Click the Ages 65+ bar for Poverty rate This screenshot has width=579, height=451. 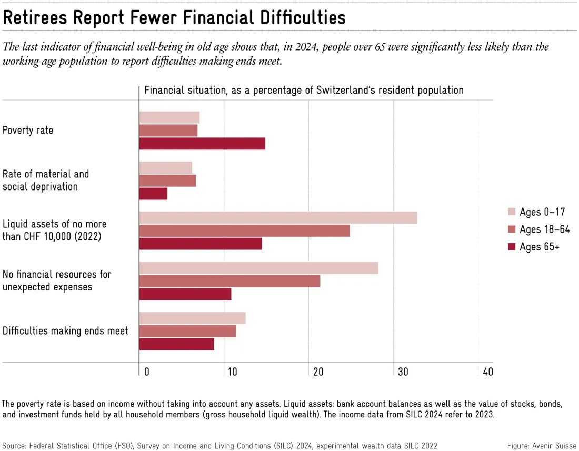tap(202, 144)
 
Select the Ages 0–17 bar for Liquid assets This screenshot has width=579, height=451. tap(278, 218)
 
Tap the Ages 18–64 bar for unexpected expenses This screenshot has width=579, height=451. tap(229, 281)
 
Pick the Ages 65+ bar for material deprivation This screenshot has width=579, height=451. tap(153, 194)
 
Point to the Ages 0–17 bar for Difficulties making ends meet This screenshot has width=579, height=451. tap(192, 318)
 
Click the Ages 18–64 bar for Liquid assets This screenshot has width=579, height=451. tap(244, 230)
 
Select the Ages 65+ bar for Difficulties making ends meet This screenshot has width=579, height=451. tap(176, 344)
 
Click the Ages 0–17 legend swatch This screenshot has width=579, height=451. tap(512, 212)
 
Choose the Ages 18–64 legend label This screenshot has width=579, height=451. tap(545, 229)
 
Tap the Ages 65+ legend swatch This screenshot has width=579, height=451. tap(512, 246)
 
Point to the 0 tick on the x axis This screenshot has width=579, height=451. tap(147, 372)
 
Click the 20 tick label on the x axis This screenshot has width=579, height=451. tap(318, 372)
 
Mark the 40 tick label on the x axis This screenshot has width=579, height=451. tap(488, 372)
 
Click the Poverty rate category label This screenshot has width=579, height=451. tap(28, 131)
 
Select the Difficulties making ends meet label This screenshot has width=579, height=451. tap(65, 330)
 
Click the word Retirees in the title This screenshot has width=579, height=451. tap(35, 17)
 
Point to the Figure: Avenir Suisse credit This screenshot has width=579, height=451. tap(542, 446)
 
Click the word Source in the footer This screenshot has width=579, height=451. tap(13, 446)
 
